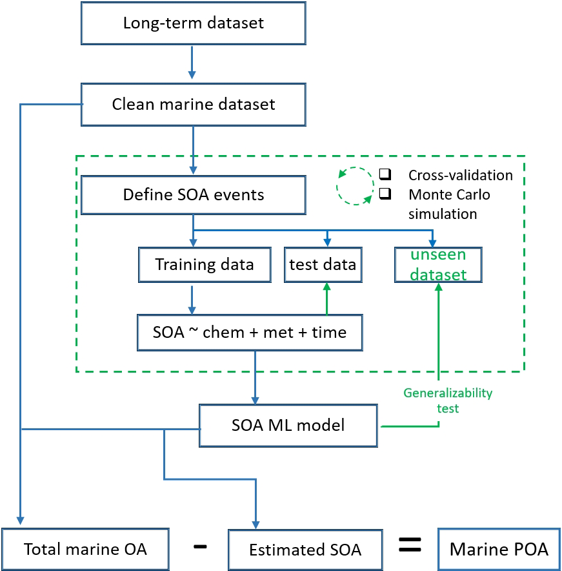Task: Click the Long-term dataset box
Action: (x=193, y=24)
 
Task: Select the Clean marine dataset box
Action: (x=193, y=104)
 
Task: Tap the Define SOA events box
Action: (x=193, y=194)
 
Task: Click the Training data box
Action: (x=205, y=264)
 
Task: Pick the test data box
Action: (x=322, y=264)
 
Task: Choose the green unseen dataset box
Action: (x=439, y=264)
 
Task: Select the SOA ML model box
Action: (x=288, y=425)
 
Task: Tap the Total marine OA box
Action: (x=85, y=549)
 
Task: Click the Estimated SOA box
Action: (x=305, y=550)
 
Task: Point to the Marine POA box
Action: (x=499, y=549)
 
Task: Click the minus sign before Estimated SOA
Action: (x=200, y=546)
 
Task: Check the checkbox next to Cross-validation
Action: (x=385, y=174)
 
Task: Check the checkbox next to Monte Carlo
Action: (x=385, y=194)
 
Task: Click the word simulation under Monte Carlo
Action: (x=443, y=214)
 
